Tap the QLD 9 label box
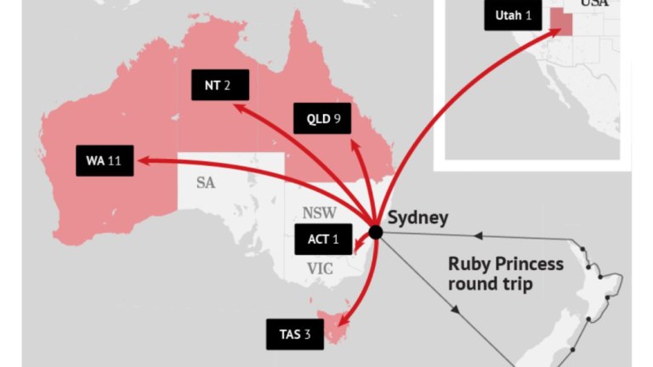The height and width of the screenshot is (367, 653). (322, 118)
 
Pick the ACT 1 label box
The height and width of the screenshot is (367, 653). (323, 240)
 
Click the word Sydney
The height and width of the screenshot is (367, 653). (417, 217)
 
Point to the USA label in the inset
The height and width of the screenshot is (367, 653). (595, 4)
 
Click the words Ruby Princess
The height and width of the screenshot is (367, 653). (505, 263)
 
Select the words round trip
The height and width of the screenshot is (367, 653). (490, 284)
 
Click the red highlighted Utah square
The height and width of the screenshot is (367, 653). (560, 21)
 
